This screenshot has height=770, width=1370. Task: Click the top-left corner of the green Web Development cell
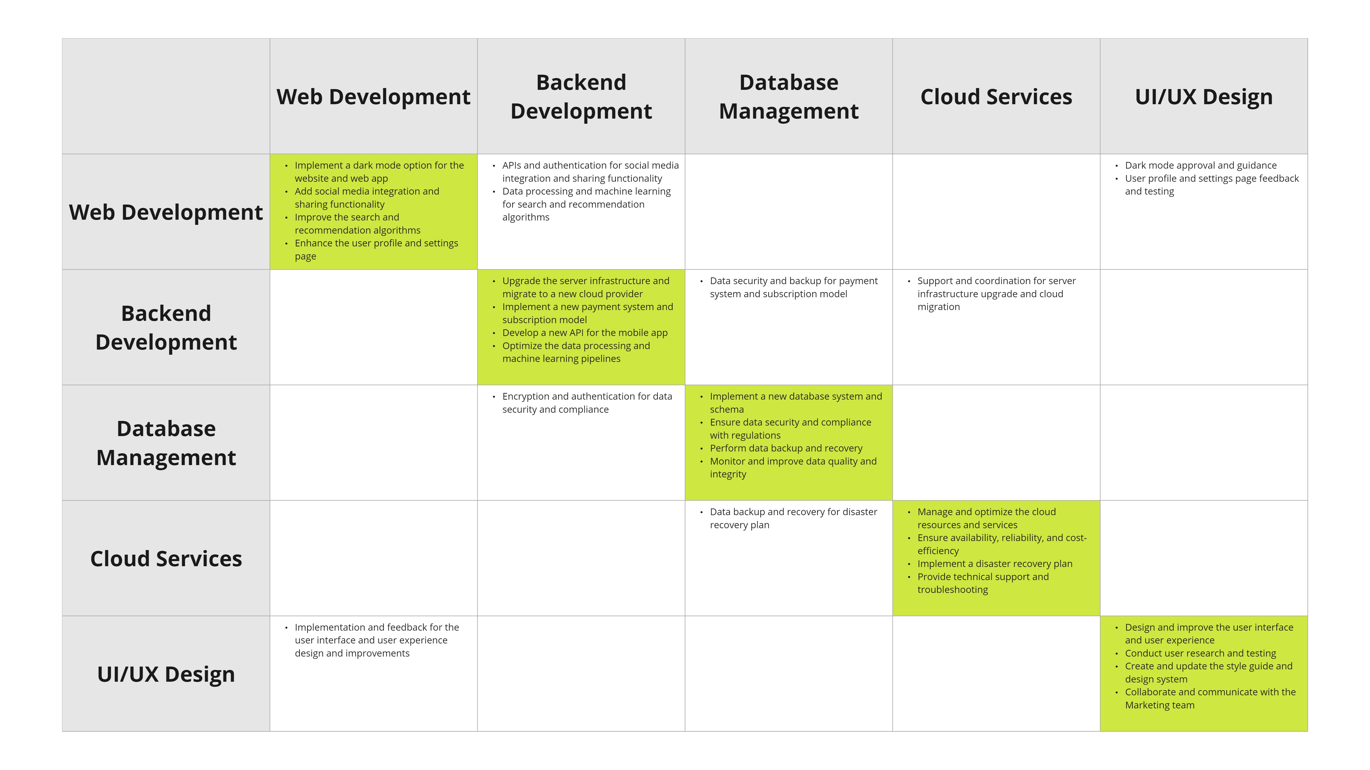pos(270,154)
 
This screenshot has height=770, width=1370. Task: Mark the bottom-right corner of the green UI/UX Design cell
pos(1308,731)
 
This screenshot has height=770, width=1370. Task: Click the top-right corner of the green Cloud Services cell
pos(1100,500)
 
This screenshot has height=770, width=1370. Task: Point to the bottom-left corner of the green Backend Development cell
pos(478,385)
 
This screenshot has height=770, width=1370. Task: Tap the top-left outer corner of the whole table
pos(62,38)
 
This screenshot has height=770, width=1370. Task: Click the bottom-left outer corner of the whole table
pos(62,731)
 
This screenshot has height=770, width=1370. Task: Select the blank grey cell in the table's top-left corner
pos(166,96)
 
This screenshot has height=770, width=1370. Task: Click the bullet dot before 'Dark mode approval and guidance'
pos(1116,166)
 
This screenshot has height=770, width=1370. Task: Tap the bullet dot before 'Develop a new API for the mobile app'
pos(493,333)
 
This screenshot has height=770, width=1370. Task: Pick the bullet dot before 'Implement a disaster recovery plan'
pos(909,564)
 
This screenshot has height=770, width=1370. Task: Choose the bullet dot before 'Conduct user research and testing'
pos(1116,654)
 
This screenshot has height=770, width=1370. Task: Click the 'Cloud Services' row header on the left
pos(166,559)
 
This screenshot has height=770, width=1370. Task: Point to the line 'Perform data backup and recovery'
pos(786,448)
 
